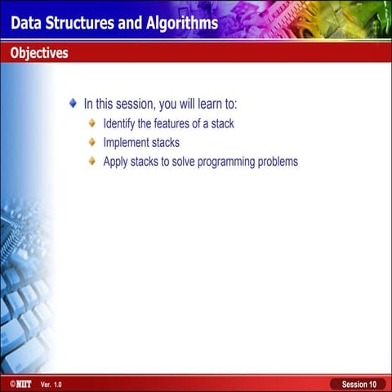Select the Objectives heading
[x=39, y=53]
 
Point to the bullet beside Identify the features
[x=92, y=123]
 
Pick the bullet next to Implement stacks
[x=92, y=142]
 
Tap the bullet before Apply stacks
[x=92, y=161]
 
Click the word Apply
[x=115, y=162]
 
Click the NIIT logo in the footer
[x=20, y=384]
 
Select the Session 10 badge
[x=359, y=384]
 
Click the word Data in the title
[x=26, y=22]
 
